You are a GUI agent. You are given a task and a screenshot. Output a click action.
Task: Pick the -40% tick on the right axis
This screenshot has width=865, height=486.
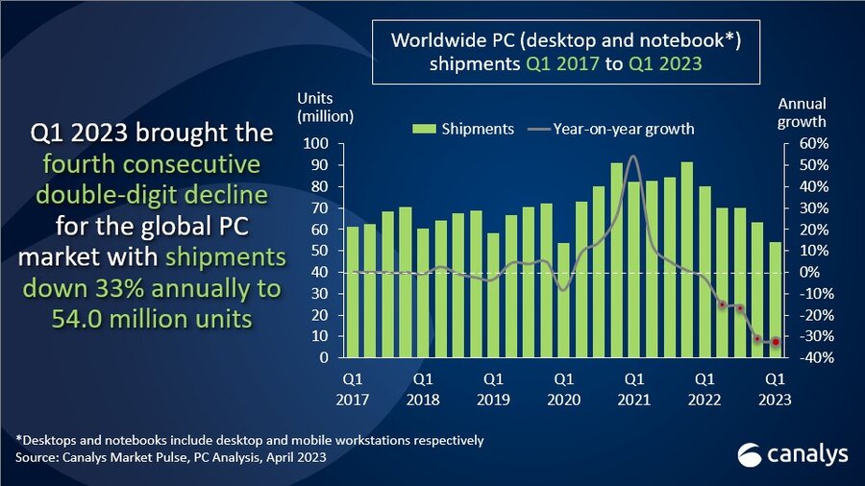pos(803,357)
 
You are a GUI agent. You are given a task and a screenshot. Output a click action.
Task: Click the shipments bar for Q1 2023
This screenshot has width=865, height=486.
pos(776,300)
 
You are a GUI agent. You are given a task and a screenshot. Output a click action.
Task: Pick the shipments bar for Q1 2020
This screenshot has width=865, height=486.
pos(564,300)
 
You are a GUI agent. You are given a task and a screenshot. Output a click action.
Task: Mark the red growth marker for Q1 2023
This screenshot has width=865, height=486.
pos(776,342)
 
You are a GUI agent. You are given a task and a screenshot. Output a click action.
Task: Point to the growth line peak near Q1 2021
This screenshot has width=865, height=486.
pos(632,156)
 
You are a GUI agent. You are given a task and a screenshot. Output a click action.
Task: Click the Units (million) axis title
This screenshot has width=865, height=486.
pos(326,109)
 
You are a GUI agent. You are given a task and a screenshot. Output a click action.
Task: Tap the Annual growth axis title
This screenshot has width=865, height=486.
pos(802,112)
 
